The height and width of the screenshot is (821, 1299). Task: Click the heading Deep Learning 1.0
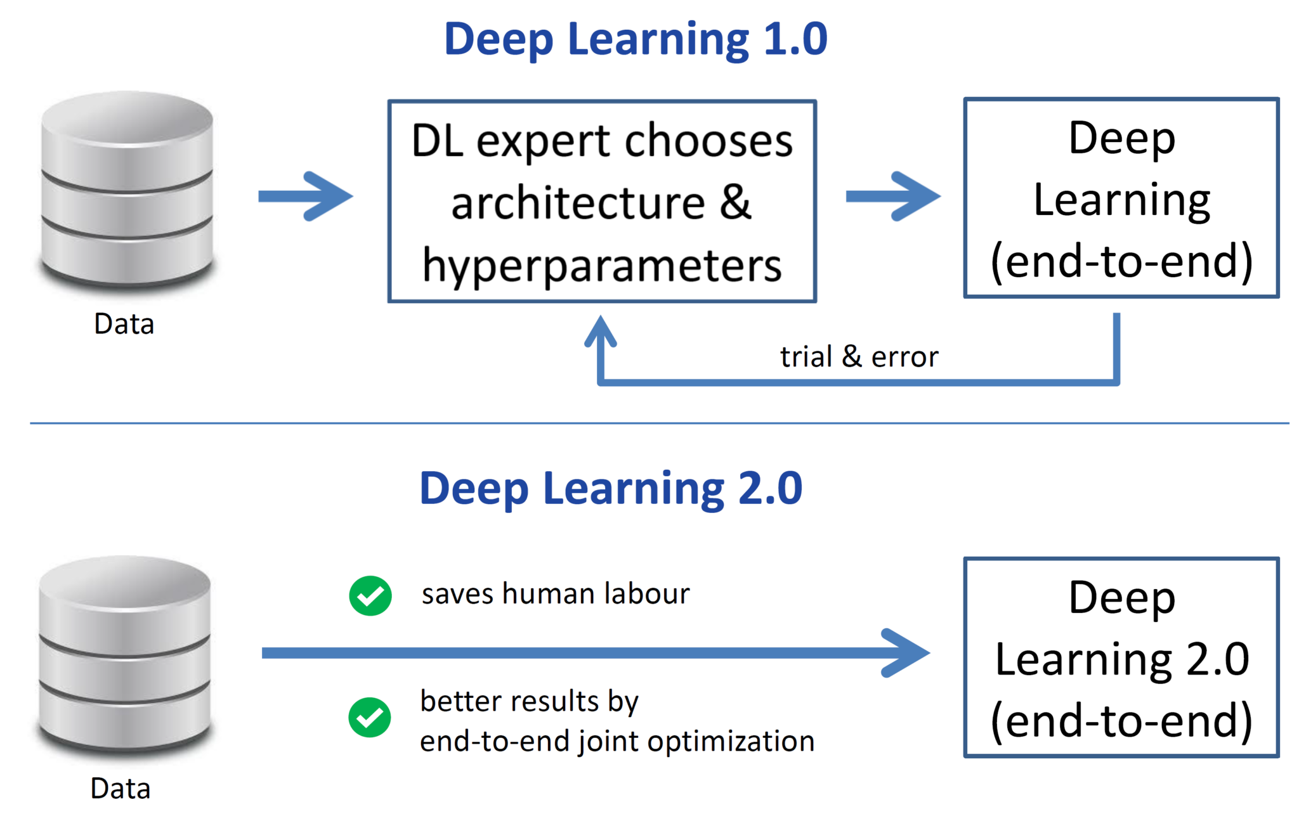636,39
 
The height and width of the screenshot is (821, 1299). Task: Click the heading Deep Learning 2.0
611,488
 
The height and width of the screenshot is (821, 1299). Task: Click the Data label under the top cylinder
124,324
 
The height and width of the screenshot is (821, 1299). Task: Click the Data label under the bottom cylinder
121,789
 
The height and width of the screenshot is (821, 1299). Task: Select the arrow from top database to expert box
306,196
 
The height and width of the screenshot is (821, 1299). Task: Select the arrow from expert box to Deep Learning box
893,196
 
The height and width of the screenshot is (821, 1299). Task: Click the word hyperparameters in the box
602,265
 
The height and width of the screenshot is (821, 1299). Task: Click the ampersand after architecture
736,203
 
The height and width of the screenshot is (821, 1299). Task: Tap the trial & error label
859,356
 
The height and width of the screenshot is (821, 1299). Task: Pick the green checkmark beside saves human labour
370,595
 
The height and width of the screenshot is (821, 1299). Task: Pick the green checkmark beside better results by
370,717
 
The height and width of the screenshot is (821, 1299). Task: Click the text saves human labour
556,594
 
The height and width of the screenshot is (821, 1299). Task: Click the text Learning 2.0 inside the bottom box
1121,659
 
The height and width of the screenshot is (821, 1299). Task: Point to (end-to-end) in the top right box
1121,261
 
